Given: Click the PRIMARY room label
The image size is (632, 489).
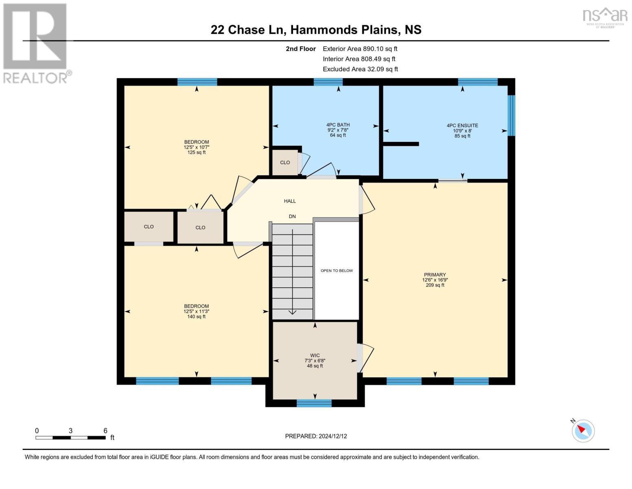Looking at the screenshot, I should (435, 275).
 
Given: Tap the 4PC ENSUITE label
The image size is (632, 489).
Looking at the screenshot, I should (462, 126).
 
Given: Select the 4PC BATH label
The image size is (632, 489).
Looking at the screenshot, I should (338, 125).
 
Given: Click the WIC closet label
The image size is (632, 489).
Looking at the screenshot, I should (315, 355).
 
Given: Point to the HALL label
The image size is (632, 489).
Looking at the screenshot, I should (290, 201).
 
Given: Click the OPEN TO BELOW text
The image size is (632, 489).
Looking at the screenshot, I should (337, 271).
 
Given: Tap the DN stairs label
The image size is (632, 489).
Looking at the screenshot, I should (292, 216).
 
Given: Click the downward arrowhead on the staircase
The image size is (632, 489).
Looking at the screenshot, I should (292, 312).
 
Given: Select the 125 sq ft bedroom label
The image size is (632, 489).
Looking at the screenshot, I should (196, 147).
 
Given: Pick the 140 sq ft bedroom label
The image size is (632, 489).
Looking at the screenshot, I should (196, 311).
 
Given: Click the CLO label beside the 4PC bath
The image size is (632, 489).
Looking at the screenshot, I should (285, 162).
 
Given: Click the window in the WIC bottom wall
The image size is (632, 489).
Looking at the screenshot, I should (314, 403).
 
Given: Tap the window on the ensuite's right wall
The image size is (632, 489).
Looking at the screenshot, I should (512, 115).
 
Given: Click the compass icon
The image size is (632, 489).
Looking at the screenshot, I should (583, 430).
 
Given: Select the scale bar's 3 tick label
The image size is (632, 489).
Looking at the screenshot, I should (70, 431).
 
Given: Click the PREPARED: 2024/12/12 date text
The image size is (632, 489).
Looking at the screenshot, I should (316, 436).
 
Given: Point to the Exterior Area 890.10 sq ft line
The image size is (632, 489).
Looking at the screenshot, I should (360, 48).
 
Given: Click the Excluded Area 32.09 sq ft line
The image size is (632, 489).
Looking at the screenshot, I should (360, 69).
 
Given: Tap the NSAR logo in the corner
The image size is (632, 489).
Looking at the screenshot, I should (605, 17).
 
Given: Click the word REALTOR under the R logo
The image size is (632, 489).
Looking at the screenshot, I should (35, 77).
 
